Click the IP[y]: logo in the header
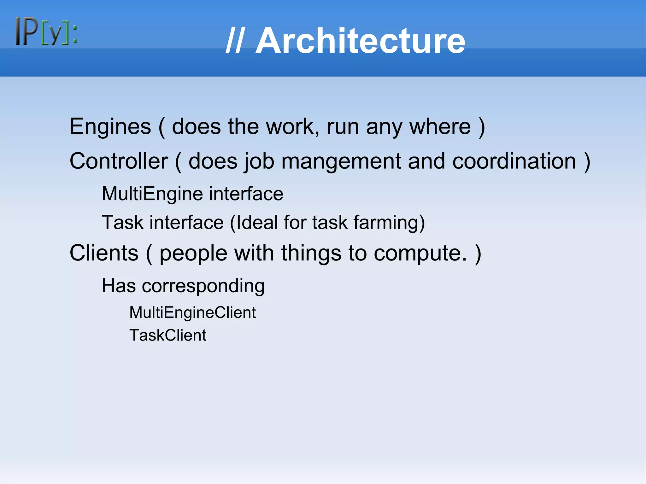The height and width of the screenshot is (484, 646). click(x=46, y=31)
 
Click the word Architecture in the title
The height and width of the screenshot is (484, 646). click(x=360, y=41)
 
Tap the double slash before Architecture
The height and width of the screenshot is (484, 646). click(x=234, y=41)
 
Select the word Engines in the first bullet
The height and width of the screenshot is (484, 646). click(x=110, y=127)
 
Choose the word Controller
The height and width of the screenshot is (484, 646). click(x=119, y=161)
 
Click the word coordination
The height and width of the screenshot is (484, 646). click(x=514, y=161)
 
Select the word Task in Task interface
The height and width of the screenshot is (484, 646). click(x=122, y=222)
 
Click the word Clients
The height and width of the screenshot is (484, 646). click(x=104, y=253)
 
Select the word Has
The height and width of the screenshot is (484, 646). click(x=119, y=286)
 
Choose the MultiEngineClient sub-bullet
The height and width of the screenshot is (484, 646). click(x=192, y=312)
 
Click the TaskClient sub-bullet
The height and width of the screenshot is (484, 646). click(x=168, y=335)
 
